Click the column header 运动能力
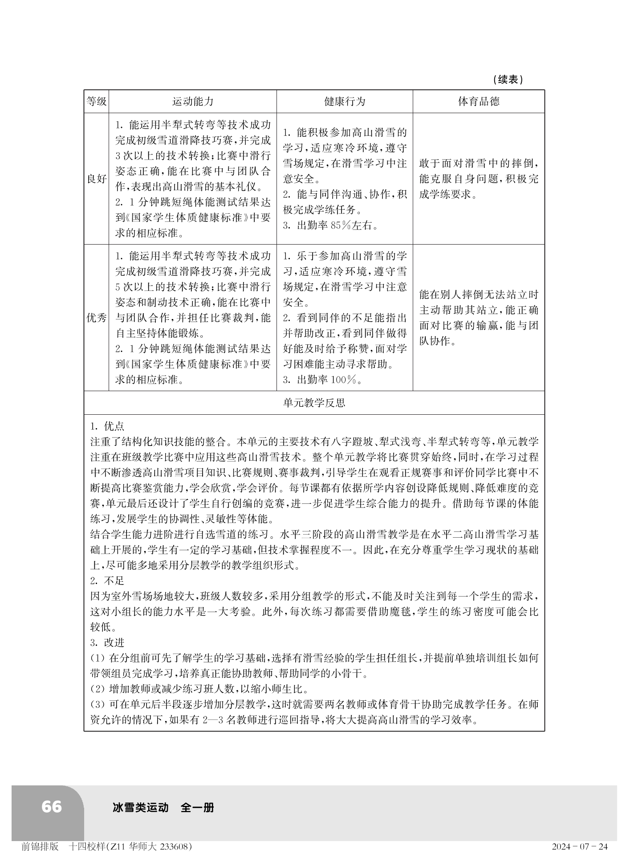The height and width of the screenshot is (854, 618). click(193, 102)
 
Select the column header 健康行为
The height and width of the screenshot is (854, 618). click(345, 102)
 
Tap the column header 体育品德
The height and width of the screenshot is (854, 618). click(479, 102)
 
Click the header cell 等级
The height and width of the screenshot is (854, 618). click(96, 102)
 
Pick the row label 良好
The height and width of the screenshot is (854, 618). click(96, 179)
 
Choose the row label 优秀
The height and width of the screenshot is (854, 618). click(96, 318)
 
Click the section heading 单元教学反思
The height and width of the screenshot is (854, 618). click(314, 403)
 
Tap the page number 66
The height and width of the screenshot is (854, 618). click(51, 807)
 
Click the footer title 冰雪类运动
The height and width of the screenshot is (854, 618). click(141, 807)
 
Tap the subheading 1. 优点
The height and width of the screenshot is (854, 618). click(107, 426)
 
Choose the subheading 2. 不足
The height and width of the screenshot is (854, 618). click(107, 581)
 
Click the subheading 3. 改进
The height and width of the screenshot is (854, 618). click(107, 642)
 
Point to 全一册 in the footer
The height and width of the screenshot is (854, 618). click(197, 807)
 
